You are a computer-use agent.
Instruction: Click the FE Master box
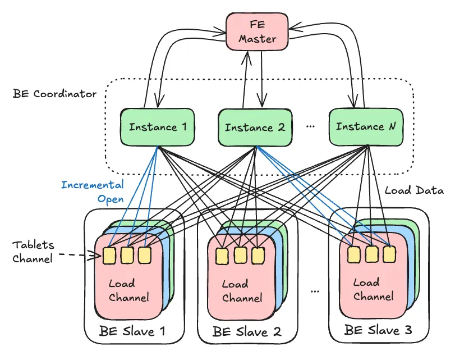(x=258, y=32)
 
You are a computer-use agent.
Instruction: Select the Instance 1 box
(x=158, y=127)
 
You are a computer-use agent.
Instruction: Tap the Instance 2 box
(x=255, y=127)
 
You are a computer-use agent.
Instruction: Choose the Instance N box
(x=365, y=126)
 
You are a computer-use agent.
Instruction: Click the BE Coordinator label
(x=54, y=93)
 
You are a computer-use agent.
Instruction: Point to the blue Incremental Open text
(x=93, y=192)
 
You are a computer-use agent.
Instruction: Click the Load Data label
(x=414, y=191)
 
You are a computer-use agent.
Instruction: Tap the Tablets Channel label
(x=34, y=251)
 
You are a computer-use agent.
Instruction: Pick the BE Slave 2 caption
(x=247, y=331)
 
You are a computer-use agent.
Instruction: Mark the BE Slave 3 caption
(x=378, y=330)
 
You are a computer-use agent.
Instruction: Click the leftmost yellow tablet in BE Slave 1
(x=109, y=256)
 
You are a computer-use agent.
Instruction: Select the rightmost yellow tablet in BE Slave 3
(x=389, y=254)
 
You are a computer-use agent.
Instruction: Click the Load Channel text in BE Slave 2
(x=242, y=291)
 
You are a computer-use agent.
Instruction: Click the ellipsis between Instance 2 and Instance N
(x=310, y=127)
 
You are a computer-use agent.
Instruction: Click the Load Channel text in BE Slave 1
(x=128, y=291)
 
